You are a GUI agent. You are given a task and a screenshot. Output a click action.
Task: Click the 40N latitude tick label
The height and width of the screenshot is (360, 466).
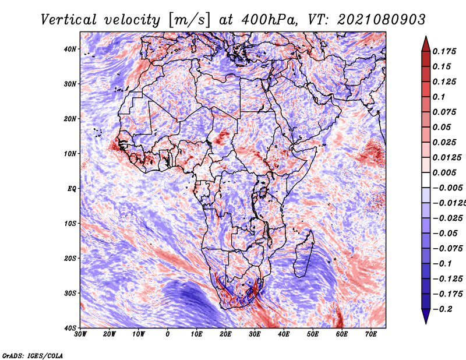70,49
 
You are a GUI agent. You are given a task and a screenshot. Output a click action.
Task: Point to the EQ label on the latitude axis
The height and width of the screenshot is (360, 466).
72,189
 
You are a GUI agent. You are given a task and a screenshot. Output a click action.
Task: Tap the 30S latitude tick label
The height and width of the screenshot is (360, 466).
70,294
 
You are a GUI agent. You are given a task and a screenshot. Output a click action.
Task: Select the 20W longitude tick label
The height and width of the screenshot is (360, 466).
110,334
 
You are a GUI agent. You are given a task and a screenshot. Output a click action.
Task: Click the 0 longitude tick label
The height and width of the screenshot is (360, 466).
168,334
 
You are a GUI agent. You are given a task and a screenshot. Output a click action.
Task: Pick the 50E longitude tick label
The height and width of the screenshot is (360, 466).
313,334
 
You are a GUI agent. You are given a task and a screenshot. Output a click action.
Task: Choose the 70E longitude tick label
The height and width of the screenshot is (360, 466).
371,334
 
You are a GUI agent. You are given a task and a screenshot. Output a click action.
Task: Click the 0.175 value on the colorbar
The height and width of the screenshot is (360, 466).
444,52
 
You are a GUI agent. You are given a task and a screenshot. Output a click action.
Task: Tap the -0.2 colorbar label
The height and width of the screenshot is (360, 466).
442,309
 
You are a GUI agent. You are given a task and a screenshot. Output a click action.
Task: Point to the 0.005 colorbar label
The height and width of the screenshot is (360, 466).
444,172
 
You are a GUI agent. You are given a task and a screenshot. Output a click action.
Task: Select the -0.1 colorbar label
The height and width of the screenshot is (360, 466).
442,264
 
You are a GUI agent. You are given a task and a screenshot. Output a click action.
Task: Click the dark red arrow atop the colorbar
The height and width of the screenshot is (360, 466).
426,44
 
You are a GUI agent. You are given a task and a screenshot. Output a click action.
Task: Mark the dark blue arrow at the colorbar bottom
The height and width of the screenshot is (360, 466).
426,316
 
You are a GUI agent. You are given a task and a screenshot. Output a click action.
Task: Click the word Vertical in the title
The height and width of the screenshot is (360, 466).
68,20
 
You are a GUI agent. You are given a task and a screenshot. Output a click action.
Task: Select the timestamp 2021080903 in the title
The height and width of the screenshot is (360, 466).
382,20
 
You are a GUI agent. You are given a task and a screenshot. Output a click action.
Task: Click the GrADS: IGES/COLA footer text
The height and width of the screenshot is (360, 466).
33,356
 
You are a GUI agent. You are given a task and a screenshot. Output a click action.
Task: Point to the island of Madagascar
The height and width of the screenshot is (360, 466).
303,256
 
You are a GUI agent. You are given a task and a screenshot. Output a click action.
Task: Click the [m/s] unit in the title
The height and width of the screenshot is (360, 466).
189,20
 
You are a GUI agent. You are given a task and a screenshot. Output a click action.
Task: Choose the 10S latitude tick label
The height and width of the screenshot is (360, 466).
70,224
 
